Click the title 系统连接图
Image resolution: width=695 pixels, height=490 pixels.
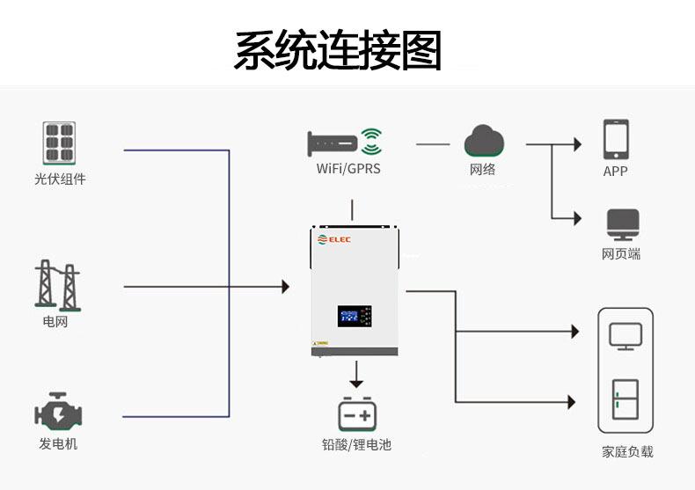pos(337,50)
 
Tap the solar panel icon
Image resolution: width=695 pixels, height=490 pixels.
pos(59,143)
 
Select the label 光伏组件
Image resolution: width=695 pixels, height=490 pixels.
pos(60,179)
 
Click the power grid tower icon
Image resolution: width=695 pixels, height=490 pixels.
pos(56,285)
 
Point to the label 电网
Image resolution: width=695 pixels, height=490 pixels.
pos(55,322)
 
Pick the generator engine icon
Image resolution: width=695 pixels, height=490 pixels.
pos(57,411)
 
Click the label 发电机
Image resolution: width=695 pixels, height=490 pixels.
pos(58,444)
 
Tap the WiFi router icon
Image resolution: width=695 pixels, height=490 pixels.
pos(345,142)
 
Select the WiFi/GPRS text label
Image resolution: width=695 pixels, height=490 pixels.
pos(348,168)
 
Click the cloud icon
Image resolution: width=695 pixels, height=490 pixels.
pos(483,141)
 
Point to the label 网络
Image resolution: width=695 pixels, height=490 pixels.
pos(483,169)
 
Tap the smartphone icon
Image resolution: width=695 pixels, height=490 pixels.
pos(615,139)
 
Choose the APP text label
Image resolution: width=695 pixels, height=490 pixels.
pos(615,172)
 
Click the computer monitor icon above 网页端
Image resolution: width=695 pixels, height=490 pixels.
pos(622,225)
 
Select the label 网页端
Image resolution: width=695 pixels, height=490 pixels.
pos(621,254)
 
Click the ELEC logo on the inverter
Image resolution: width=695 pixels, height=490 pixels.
pos(335,239)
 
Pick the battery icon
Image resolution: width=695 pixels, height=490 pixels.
pos(356,413)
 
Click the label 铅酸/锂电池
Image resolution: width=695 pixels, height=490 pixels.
pos(356,445)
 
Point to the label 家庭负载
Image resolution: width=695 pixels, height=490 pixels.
pos(627,451)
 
